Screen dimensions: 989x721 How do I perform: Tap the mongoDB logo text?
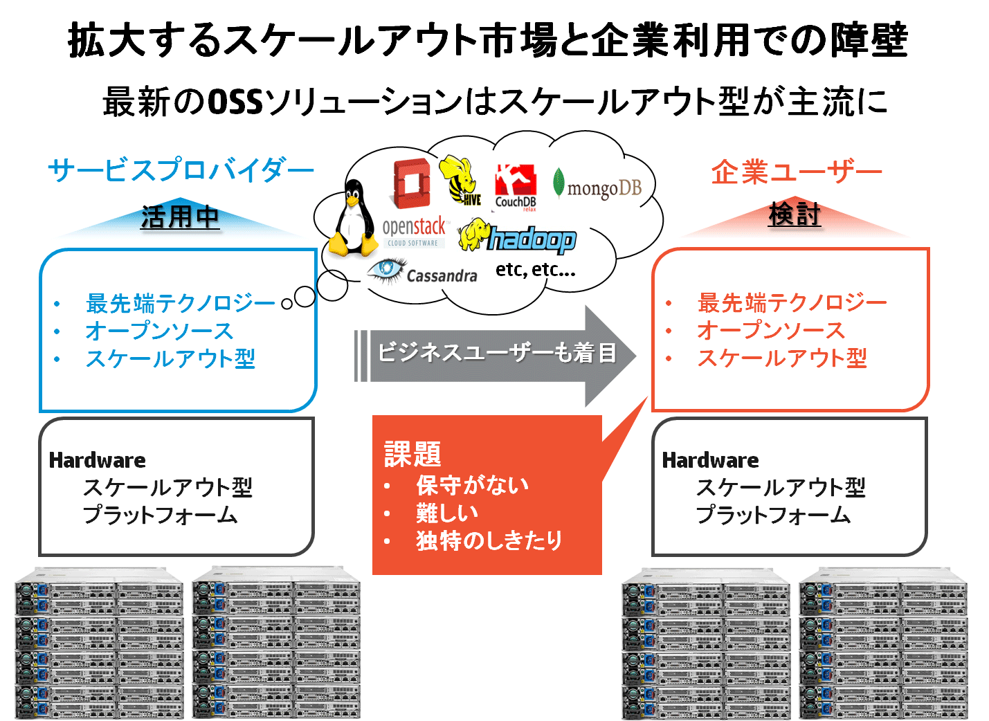pos(604,188)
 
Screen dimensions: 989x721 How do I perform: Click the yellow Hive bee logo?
pos(459,180)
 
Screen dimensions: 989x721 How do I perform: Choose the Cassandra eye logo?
pos(423,273)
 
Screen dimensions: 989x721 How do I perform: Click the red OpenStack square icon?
pos(412,183)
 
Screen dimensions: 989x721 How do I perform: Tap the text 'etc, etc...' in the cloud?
pos(536,269)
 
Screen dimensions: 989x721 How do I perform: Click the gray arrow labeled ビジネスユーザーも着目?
pos(495,356)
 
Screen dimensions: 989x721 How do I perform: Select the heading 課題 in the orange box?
pos(412,454)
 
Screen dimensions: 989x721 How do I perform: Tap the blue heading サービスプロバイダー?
pos(181,170)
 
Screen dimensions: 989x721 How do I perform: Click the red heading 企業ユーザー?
pos(797,172)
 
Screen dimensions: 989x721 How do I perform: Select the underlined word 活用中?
pos(180,217)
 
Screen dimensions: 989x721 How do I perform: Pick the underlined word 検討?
pos(795,215)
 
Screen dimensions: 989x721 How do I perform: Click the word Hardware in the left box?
pos(97,461)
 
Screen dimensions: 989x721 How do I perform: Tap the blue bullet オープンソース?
pos(159,331)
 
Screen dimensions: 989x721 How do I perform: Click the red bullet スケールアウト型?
pos(782,358)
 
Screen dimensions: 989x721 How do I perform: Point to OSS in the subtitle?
pos(235,102)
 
